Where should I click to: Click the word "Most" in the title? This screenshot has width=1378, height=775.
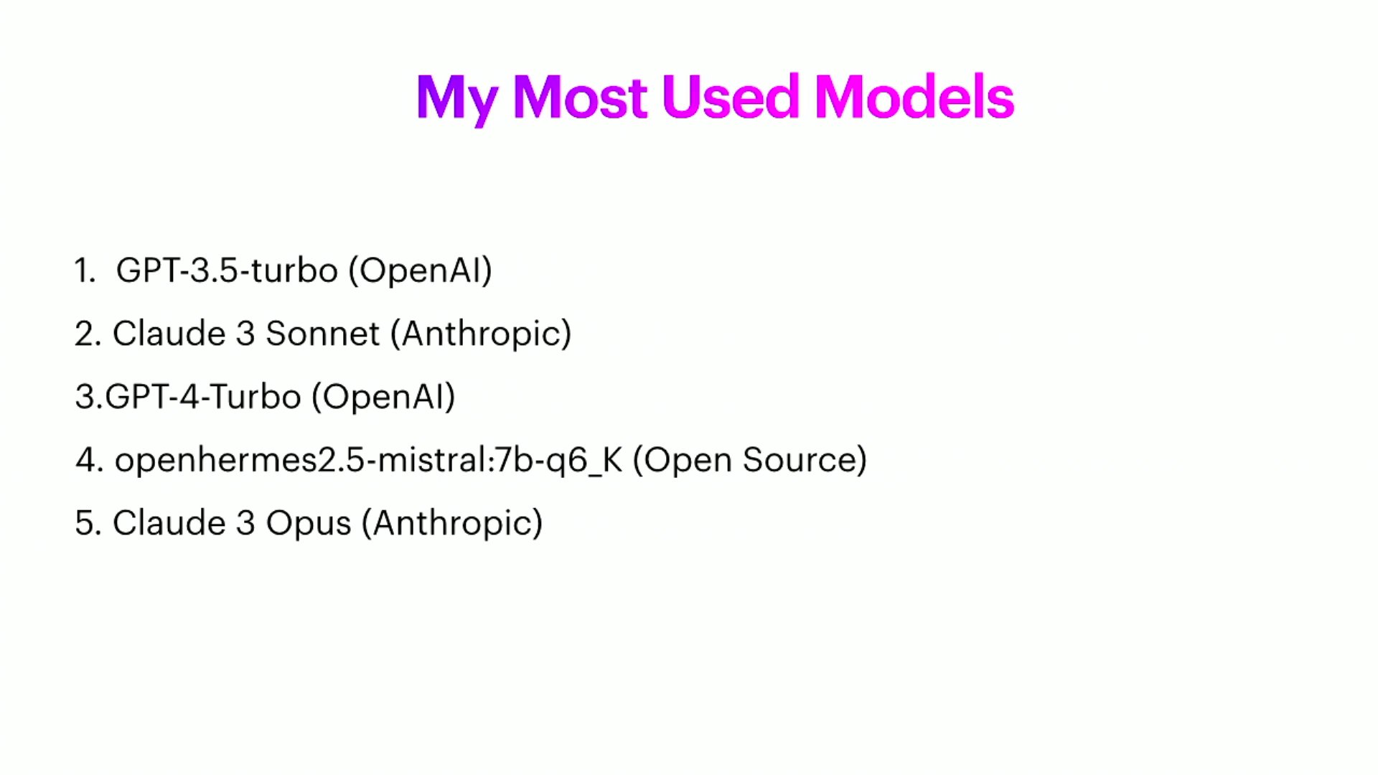580,97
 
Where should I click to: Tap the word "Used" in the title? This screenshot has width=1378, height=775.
730,97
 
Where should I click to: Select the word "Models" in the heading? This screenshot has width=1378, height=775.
914,97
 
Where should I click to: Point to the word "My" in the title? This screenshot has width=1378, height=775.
456,100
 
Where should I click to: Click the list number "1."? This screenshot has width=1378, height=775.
85,271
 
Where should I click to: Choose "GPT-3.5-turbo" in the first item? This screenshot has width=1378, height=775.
227,271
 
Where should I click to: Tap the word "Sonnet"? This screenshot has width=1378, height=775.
322,334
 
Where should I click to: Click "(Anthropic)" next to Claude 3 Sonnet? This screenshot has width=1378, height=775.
481,334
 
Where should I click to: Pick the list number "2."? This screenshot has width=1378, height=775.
88,334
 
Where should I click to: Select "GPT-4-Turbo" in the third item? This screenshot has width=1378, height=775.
203,397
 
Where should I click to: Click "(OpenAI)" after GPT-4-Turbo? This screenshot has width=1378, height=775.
383,397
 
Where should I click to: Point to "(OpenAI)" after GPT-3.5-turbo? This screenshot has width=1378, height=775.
420,271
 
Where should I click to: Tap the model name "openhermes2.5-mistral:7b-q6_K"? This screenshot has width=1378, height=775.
368,461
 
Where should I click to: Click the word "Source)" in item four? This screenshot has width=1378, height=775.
805,460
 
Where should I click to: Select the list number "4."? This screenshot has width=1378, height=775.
90,460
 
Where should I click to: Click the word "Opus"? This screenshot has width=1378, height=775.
309,524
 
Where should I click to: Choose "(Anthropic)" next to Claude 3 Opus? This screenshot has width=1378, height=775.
452,524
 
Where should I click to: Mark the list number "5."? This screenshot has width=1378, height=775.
88,523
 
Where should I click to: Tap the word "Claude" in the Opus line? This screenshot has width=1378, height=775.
169,523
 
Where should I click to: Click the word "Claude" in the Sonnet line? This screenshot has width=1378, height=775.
169,334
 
